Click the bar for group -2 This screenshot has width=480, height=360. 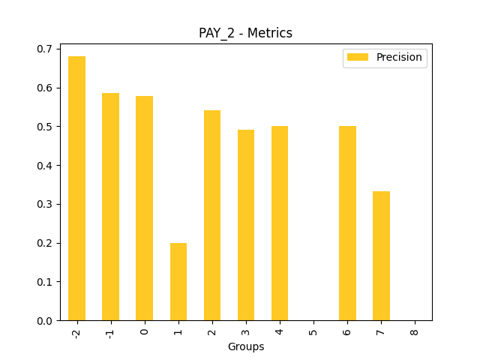[76, 188]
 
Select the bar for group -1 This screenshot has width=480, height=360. [110, 207]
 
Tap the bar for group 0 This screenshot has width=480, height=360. [144, 208]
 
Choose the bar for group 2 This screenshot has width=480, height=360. [212, 215]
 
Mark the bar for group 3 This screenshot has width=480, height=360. [246, 225]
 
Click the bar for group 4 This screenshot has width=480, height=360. [280, 223]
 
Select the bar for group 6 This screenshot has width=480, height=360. [347, 223]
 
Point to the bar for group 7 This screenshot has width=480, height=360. [381, 256]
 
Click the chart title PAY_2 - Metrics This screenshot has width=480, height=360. [245, 33]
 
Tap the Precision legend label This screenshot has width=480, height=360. [399, 57]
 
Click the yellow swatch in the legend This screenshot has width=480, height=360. [358, 58]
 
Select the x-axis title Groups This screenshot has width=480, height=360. [246, 347]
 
